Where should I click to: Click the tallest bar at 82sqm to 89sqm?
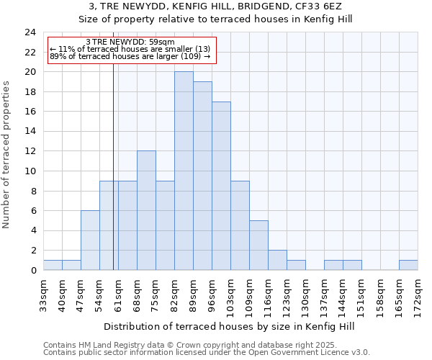click(x=184, y=171)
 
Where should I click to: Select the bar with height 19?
click(x=202, y=176)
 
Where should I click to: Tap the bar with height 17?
click(x=221, y=186)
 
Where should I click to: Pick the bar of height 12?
click(x=146, y=210)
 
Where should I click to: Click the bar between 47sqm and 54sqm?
click(x=90, y=240)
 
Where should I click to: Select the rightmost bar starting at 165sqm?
click(x=408, y=265)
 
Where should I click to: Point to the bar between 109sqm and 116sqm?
click(x=258, y=245)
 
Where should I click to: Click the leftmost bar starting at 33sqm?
click(x=53, y=265)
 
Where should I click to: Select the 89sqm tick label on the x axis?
click(x=194, y=294)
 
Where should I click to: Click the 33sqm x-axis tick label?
click(x=44, y=294)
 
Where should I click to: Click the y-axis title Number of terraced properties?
click(x=7, y=155)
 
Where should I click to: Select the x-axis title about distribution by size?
click(x=230, y=326)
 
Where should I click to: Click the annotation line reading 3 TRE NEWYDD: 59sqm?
click(x=130, y=42)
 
